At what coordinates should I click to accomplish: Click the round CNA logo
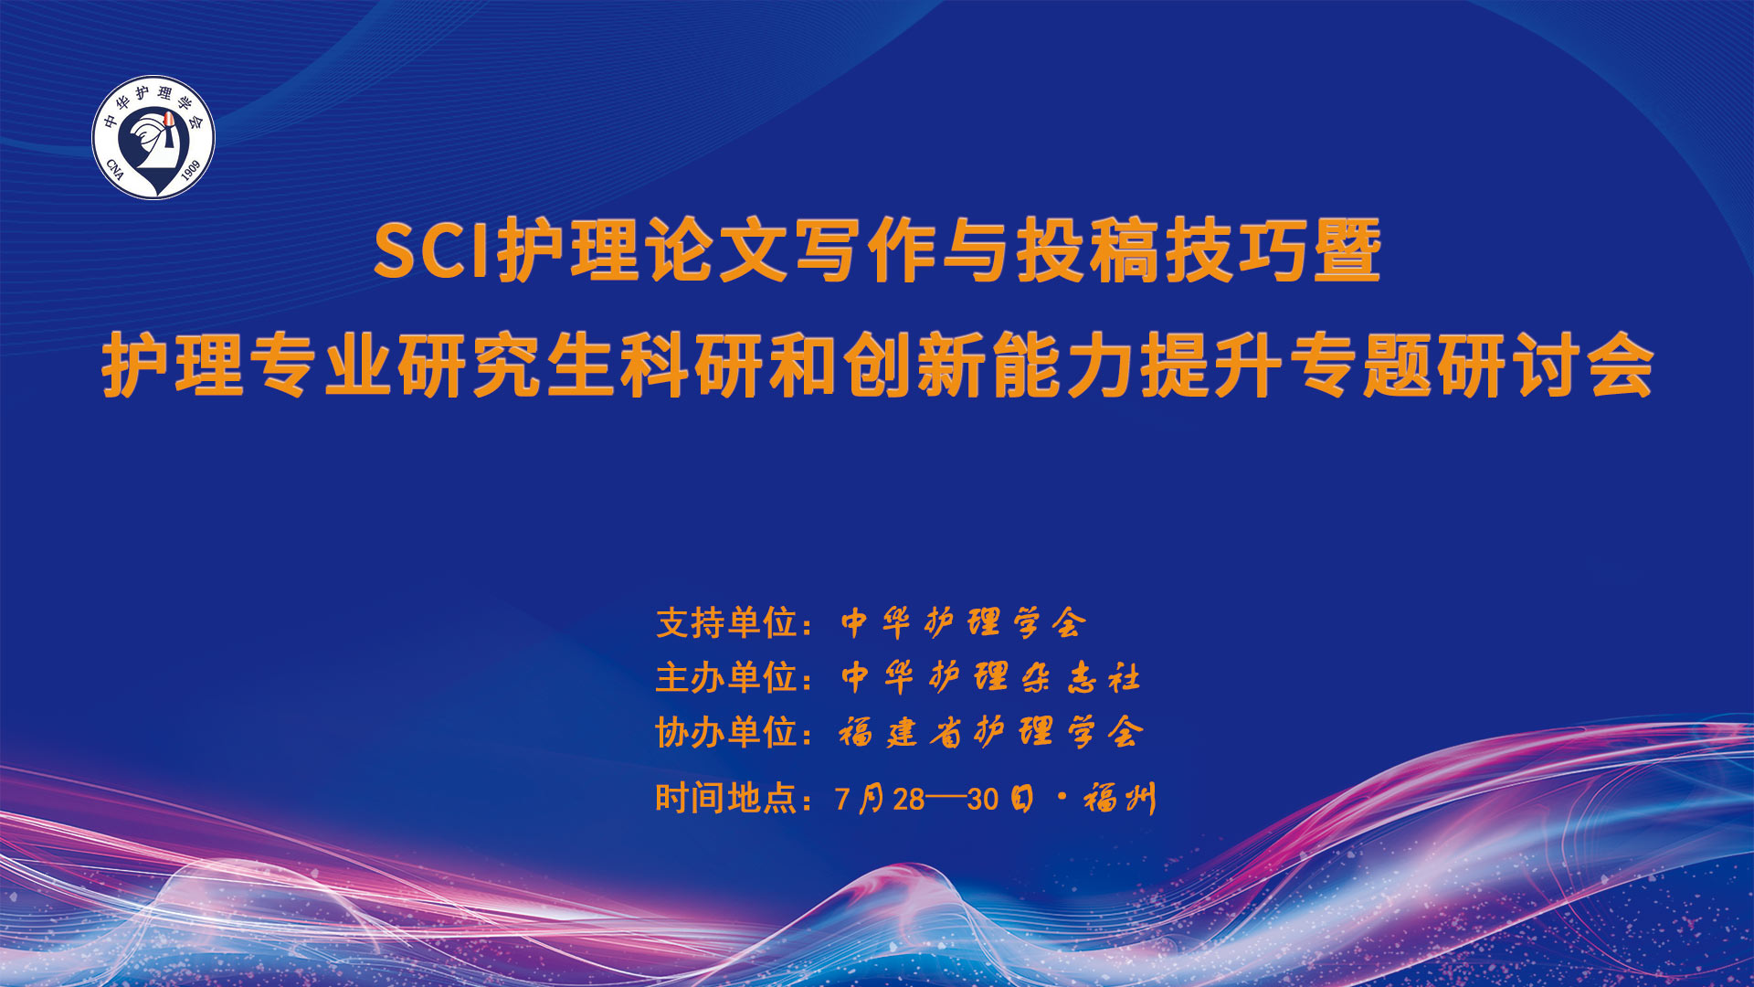click(153, 137)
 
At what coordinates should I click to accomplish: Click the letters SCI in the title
click(435, 251)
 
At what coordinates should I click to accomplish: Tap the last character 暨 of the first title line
click(1347, 250)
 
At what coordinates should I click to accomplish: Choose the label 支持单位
click(727, 623)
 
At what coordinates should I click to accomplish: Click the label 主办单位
click(727, 678)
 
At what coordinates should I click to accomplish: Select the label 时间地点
click(727, 799)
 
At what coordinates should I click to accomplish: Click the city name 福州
click(1120, 799)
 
